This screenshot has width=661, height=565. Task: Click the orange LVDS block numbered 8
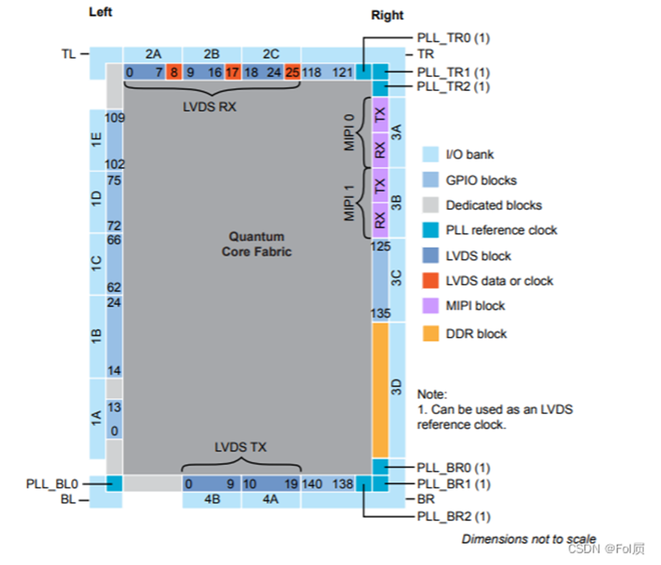pyautogui.click(x=173, y=73)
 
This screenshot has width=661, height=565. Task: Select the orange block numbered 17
pyautogui.click(x=232, y=73)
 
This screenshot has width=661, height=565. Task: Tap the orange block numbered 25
pyautogui.click(x=292, y=73)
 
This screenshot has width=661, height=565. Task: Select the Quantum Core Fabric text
pyautogui.click(x=257, y=244)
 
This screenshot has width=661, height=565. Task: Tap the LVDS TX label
pyautogui.click(x=241, y=446)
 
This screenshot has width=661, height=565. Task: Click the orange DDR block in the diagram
pyautogui.click(x=380, y=389)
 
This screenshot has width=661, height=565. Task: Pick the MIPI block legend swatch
pyautogui.click(x=431, y=306)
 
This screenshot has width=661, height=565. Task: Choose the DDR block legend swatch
pyautogui.click(x=431, y=334)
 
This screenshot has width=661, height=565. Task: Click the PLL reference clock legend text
pyautogui.click(x=501, y=230)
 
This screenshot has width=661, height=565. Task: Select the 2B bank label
pyautogui.click(x=212, y=53)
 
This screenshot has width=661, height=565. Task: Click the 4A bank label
pyautogui.click(x=271, y=501)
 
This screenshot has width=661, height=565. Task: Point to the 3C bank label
pyautogui.click(x=396, y=279)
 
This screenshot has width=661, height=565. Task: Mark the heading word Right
pyautogui.click(x=387, y=15)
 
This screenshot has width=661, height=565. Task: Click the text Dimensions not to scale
pyautogui.click(x=528, y=539)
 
